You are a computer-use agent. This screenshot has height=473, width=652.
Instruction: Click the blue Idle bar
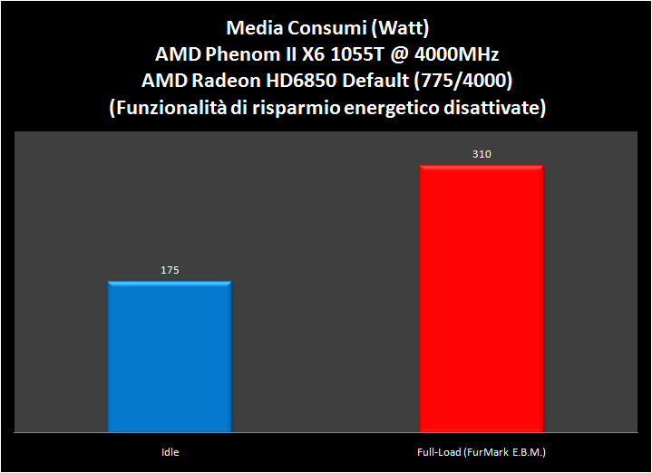tap(170, 356)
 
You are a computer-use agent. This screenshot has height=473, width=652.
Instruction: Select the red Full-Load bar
tap(481, 298)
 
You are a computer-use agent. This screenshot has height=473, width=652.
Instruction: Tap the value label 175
tap(169, 270)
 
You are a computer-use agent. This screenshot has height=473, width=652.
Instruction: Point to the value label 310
tap(481, 154)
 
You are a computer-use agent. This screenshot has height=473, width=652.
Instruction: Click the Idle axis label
tap(170, 450)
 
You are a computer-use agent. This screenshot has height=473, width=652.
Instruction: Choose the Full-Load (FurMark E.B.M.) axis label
tap(481, 450)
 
